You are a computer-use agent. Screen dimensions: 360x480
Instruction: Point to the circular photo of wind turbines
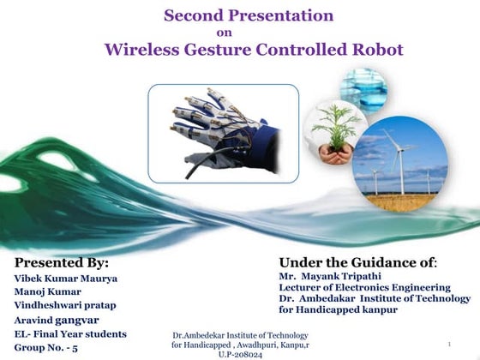coord(399,165)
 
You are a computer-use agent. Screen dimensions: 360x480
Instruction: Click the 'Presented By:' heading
coord(62,262)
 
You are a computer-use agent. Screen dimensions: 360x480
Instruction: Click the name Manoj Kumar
coord(48,291)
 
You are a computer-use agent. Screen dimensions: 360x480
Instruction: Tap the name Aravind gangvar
coord(59,320)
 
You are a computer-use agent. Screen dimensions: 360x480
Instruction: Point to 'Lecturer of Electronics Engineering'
coord(364,287)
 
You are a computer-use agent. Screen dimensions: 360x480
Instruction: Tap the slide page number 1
coord(449,345)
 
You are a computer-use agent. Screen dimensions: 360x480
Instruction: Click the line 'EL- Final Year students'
coord(70,333)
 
